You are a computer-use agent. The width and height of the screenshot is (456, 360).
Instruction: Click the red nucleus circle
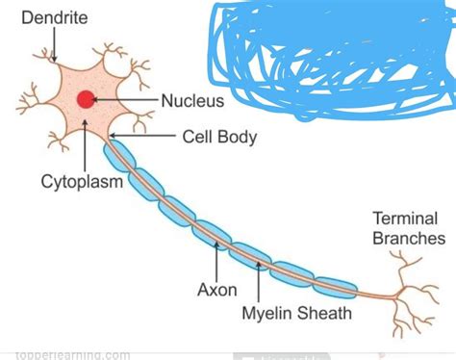coord(87,98)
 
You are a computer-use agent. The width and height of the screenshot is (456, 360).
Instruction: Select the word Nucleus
coord(192,100)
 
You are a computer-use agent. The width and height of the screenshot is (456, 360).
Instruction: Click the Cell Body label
coord(219,137)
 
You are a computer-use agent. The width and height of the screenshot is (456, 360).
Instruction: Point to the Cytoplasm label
coord(82,181)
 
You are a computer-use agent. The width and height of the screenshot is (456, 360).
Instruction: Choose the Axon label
coord(216,288)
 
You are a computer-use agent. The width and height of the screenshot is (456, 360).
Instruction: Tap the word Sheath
coord(326,313)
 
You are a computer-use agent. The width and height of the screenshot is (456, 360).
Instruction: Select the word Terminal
coord(404,219)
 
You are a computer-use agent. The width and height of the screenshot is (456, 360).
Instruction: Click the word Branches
coord(409,238)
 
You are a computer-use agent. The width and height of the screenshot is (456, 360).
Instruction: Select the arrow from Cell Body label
coord(144,137)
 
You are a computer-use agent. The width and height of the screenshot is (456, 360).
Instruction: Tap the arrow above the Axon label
coord(216,260)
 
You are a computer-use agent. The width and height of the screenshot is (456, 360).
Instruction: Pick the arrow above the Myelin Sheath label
coord(259,279)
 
